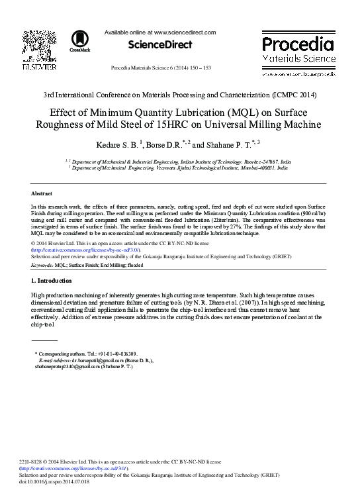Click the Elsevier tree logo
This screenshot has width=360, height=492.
click(40, 45)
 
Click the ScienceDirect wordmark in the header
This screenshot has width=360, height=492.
click(161, 44)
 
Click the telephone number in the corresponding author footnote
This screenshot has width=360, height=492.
click(118, 354)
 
